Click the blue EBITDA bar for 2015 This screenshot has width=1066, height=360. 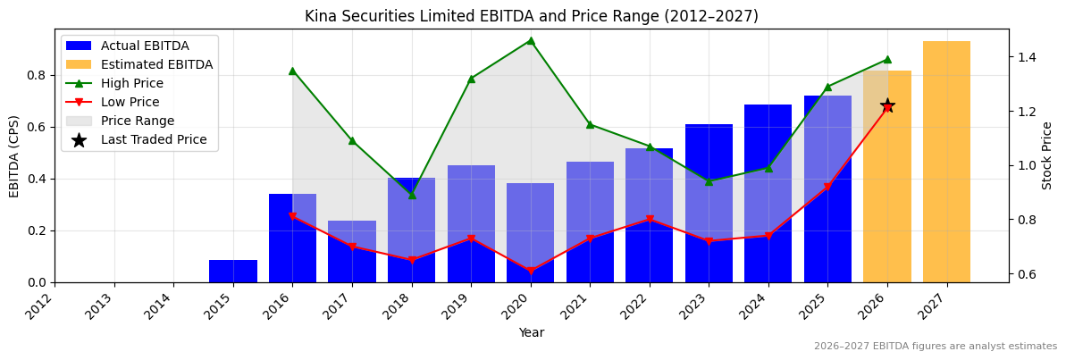point(233,271)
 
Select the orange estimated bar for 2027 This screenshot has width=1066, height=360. point(946,162)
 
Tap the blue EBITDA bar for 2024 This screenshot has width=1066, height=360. point(768,193)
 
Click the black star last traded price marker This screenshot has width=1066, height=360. point(887,106)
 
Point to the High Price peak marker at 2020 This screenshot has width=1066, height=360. point(531,40)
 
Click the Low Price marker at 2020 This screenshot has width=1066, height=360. point(531,271)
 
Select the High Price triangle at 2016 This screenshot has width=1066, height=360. point(292,71)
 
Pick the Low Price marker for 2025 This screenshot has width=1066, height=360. point(827,187)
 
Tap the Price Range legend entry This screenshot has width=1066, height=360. point(137,121)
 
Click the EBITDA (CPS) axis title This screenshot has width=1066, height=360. point(14,155)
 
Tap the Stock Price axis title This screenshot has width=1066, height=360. point(1047,155)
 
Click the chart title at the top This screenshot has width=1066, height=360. point(531,16)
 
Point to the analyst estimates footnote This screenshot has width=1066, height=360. point(935,347)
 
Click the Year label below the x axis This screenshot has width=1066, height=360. point(531,332)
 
